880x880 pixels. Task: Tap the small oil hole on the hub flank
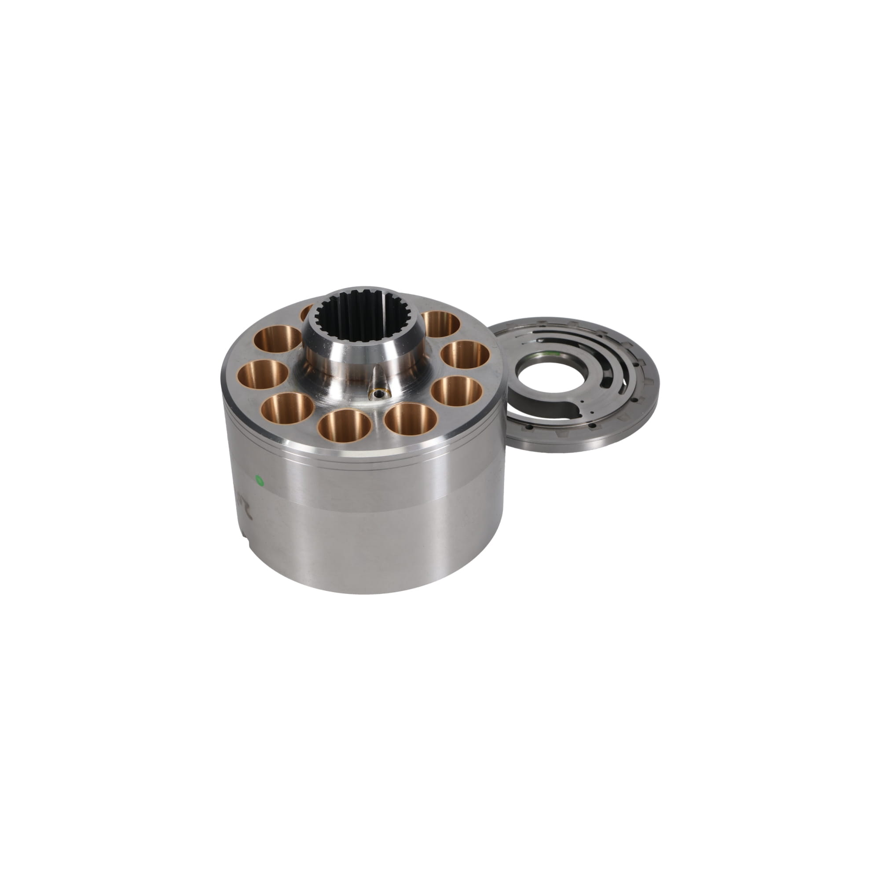coord(378,393)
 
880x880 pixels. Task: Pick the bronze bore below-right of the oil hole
coord(411,418)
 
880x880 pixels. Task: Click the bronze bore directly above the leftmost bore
coord(278,339)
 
